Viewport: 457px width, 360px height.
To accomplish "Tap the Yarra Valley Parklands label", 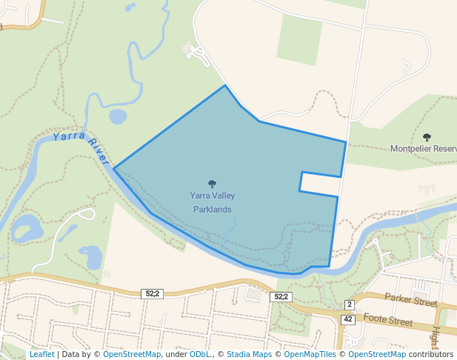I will coord(213,202).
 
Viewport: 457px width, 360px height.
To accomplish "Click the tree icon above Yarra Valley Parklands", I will coord(213,184).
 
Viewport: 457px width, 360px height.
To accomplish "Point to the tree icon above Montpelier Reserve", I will coord(427,136).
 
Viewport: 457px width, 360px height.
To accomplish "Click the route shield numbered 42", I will coord(347,319).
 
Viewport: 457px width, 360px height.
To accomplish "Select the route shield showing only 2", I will coord(350,305).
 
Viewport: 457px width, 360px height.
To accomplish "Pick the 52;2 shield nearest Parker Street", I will coord(281,296).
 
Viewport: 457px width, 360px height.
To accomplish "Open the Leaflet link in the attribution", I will coord(41,354).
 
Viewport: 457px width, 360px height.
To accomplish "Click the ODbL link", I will coord(199,354).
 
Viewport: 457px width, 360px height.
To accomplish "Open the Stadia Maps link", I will coord(249,354).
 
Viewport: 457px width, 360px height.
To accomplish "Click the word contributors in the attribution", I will coord(431,354).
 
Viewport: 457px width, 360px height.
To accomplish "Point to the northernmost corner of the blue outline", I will coord(225,85).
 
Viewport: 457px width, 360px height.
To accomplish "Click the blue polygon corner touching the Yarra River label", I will coord(113,168).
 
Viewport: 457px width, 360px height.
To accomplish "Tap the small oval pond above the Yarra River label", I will coord(118,116).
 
